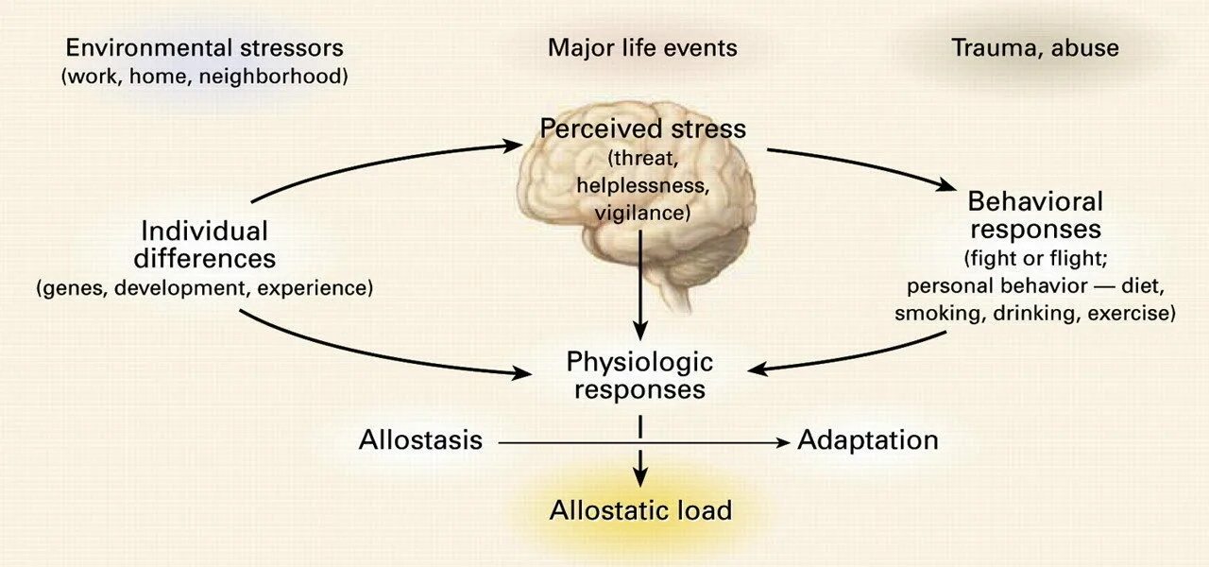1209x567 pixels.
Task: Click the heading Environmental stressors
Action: (x=204, y=47)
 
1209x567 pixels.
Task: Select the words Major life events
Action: (x=642, y=47)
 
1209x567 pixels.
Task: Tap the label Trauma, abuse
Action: (x=1035, y=47)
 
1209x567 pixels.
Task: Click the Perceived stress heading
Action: (x=642, y=128)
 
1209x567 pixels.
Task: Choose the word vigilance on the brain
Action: (x=642, y=213)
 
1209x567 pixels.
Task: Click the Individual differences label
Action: (x=204, y=244)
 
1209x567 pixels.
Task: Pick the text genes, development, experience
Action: (x=204, y=288)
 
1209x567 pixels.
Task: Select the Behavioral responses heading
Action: (x=1035, y=215)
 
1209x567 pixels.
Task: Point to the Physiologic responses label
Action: (x=639, y=374)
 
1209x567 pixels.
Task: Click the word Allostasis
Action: (x=420, y=439)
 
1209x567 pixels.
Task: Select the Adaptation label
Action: (x=868, y=439)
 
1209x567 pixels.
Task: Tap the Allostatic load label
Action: (x=640, y=511)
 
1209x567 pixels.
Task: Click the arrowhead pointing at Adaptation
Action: (x=782, y=441)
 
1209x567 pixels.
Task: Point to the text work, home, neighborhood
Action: (x=204, y=77)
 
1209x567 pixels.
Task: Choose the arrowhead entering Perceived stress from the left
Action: (x=513, y=146)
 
